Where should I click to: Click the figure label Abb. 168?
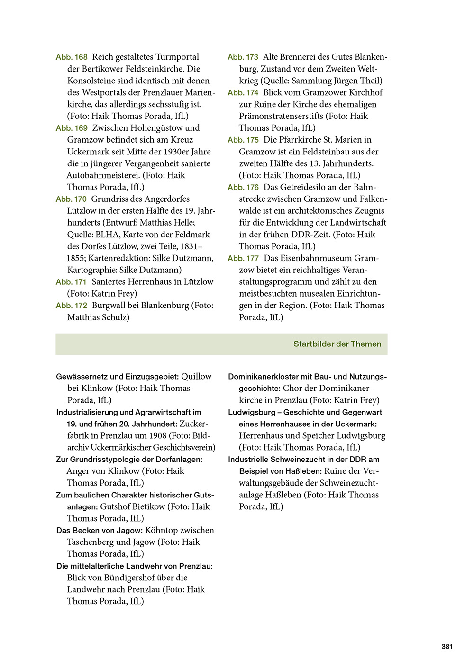pos(72,57)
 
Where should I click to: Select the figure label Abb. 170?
pos(71,199)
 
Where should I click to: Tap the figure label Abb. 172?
pos(72,306)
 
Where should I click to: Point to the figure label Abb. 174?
pos(243,93)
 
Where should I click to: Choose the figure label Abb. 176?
pos(243,188)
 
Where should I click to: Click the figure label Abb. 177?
pos(243,259)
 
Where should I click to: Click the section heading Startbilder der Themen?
pos(337,344)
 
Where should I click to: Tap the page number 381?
pos(447,647)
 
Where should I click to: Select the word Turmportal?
pos(177,57)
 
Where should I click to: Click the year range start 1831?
pos(192,246)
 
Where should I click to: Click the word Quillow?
pos(196,376)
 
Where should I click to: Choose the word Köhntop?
pos(161,530)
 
